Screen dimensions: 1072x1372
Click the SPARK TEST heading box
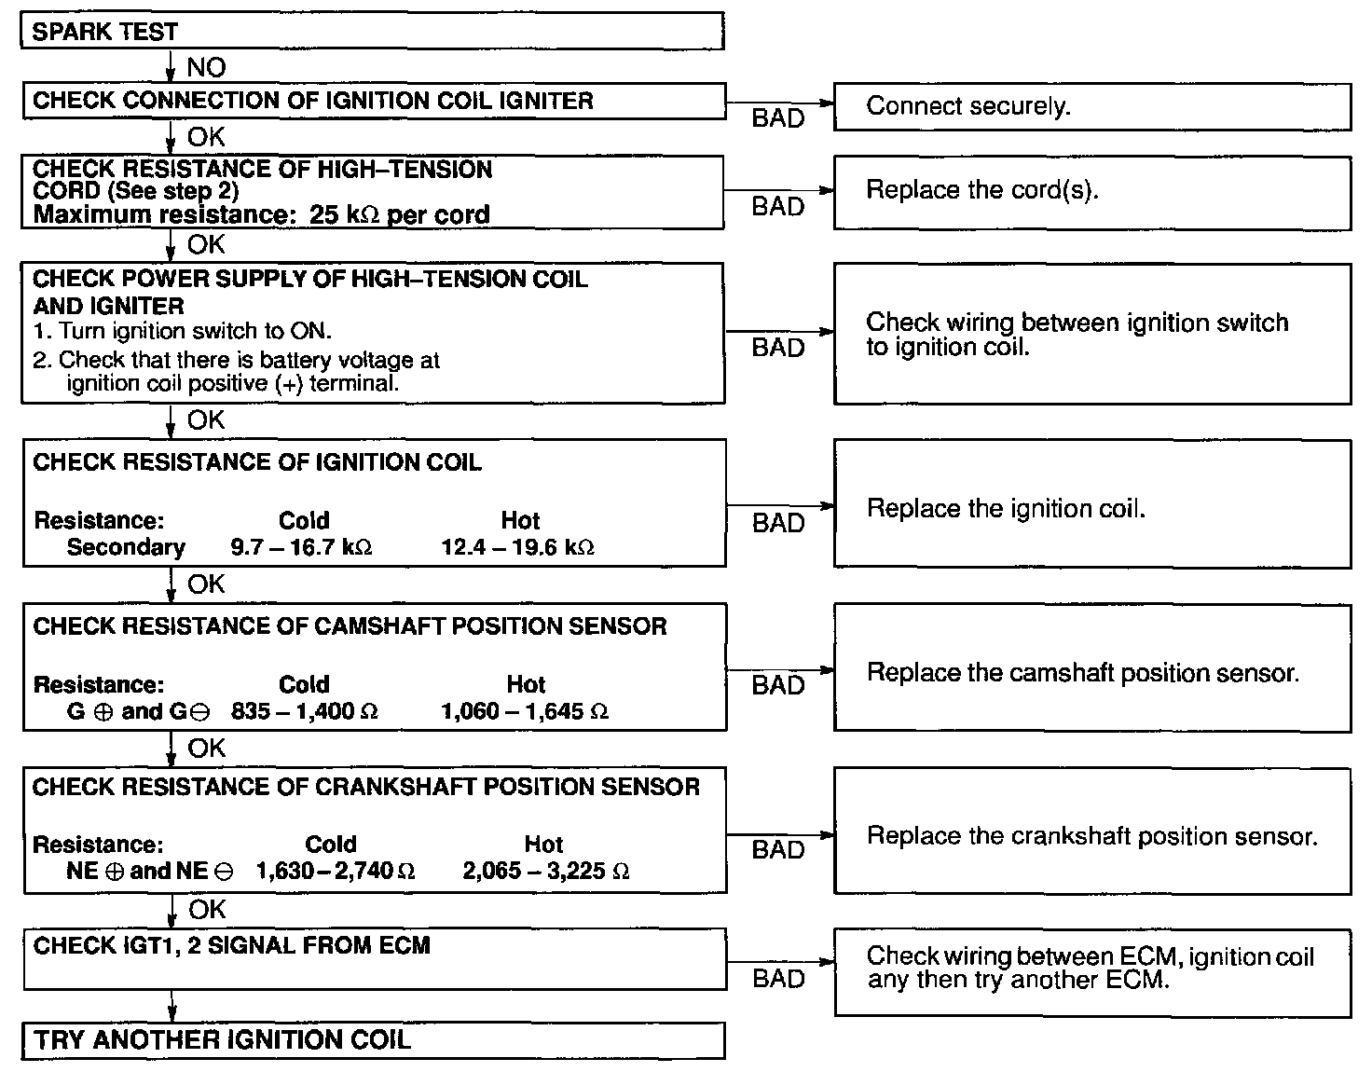point(372,31)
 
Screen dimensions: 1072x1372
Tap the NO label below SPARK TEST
point(205,67)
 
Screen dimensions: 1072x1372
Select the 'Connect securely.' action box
point(1091,106)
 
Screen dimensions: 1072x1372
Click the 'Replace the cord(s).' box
point(1091,191)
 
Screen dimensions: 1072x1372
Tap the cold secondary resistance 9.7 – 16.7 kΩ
point(301,547)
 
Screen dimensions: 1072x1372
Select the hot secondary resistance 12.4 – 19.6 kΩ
point(517,547)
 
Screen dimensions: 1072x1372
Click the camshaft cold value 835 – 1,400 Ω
point(304,712)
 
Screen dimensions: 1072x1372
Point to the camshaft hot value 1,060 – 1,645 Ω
point(525,712)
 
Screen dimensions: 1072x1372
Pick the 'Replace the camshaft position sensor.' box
point(1091,673)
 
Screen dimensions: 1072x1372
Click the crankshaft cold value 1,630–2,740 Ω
point(335,872)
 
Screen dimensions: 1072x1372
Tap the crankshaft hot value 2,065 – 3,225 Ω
point(545,872)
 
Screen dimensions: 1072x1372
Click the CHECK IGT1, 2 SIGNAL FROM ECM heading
point(231,946)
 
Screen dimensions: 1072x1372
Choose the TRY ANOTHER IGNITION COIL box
point(373,1040)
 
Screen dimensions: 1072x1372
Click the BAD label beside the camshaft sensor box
point(777,686)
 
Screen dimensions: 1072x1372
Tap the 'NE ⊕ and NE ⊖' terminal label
point(150,872)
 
